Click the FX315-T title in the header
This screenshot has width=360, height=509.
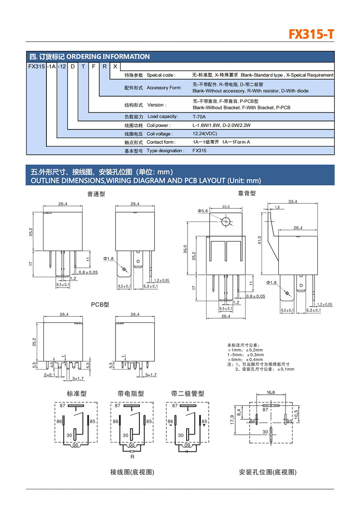pos(311,34)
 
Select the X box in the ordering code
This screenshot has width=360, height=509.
pos(115,67)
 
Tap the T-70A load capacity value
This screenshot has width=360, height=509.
pos(199,117)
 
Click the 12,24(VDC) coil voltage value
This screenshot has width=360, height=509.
pos(204,134)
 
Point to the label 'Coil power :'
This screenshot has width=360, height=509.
pos(159,125)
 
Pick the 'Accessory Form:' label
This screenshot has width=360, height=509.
pos(164,87)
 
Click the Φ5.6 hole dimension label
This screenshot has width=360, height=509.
pos(203,211)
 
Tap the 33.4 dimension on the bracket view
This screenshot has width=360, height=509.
pos(293,202)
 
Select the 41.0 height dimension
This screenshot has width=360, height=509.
pos(259,240)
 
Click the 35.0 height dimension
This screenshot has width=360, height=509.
pos(185,249)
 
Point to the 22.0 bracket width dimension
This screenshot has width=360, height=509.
pos(226,207)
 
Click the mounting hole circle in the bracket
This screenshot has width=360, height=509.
pos(226,221)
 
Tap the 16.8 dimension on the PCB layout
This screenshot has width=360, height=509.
pos(271,392)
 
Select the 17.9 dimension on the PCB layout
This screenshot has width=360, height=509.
pos(232,419)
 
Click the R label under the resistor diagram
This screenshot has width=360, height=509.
pos(132,457)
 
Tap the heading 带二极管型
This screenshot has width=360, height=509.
pos(188,393)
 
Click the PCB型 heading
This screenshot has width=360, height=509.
pos(100,305)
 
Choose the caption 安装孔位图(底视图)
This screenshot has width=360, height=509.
pos(267,472)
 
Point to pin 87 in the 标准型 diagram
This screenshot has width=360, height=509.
pos(63,406)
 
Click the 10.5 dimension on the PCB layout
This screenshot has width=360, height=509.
pos(296,414)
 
